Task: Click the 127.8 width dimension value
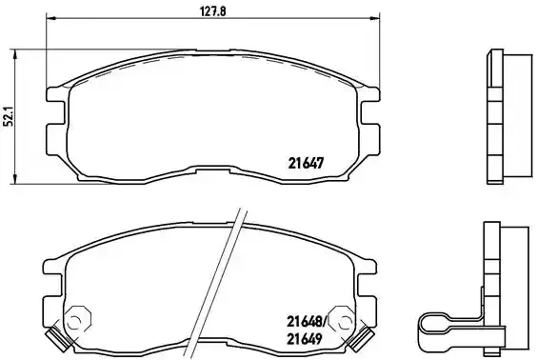pos(212,11)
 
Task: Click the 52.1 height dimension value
pos(9,116)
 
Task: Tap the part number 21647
pos(306,163)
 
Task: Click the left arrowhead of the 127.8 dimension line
pos(50,17)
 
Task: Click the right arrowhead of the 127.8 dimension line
pos(375,17)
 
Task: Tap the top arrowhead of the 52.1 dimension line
pos(14,54)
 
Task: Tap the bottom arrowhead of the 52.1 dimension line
pos(14,179)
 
